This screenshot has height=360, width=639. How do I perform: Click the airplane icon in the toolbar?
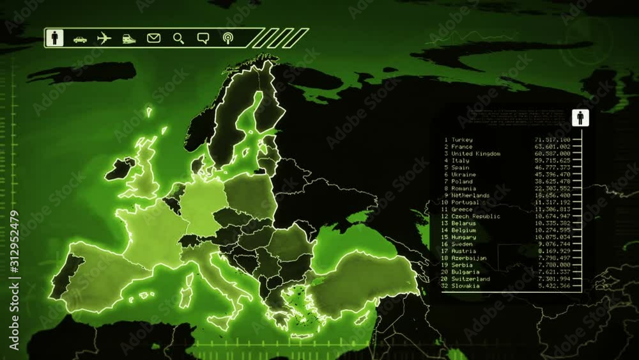coord(104,38)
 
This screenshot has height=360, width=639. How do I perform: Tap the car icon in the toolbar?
coord(80,39)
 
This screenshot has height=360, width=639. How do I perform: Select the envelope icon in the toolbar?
coord(153,38)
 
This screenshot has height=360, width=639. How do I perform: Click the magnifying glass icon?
coord(178,38)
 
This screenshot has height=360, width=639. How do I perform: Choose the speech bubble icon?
coord(203,38)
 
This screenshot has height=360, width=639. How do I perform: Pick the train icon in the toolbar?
coord(128,38)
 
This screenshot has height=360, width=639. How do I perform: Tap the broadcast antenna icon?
coord(227,38)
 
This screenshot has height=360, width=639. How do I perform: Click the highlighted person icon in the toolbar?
coord(55,38)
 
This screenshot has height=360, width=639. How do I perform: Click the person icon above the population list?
coord(580,118)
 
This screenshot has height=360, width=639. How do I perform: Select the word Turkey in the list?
coord(462,140)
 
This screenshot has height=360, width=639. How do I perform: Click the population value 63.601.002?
coord(553,147)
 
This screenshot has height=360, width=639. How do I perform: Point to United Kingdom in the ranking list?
coord(475,154)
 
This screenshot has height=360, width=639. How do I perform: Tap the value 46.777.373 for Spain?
coord(553,168)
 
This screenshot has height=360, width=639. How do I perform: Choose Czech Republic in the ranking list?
coord(475,216)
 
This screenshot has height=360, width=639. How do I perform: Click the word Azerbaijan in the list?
coord(468,258)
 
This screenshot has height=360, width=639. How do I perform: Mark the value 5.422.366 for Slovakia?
coord(555,286)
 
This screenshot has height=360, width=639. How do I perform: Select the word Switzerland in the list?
coord(470,279)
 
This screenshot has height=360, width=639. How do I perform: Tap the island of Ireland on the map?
coord(119,168)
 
